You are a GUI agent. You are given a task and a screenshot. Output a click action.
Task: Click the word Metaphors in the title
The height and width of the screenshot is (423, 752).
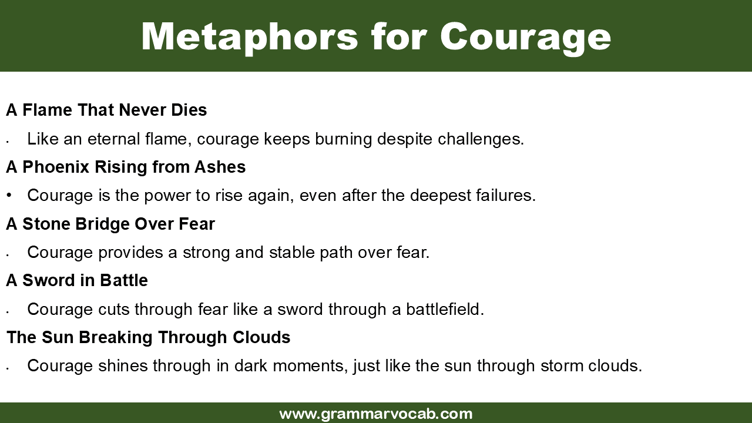pos(250,36)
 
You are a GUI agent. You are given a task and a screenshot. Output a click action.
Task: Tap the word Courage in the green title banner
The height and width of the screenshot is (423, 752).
pos(525,36)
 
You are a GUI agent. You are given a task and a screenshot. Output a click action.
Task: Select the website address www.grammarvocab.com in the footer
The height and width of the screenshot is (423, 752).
pos(376,414)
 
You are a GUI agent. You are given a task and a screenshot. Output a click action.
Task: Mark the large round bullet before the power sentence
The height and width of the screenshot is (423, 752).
pos(9,194)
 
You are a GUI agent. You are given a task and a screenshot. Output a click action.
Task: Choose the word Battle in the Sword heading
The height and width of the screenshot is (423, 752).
pos(124,280)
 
